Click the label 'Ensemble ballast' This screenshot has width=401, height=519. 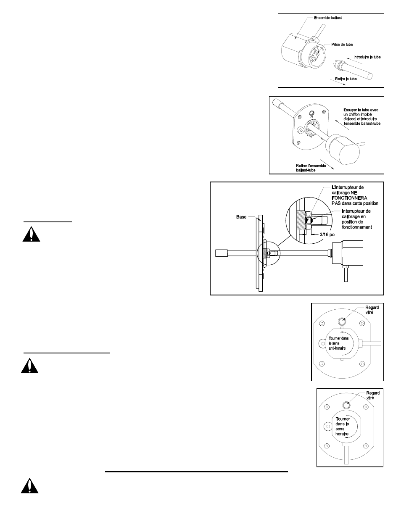tap(328, 18)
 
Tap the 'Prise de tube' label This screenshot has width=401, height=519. tap(342, 45)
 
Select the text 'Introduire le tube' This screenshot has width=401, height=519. tap(367, 57)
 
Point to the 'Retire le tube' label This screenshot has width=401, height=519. tap(346, 79)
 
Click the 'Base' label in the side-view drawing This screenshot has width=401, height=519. tap(241, 217)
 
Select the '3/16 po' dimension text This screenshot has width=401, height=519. tap(327, 234)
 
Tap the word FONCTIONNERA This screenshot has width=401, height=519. tap(349, 198)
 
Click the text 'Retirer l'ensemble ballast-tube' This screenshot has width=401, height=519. tap(311, 168)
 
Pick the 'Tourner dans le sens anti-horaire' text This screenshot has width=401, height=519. tap(339, 343)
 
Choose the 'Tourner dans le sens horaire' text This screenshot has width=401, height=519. tap(343, 426)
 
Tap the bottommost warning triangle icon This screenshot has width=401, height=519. tap(29, 485)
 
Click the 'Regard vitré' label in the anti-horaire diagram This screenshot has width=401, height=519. tap(372, 310)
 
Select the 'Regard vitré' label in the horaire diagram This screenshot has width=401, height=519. tap(373, 395)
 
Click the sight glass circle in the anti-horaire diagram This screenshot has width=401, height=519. tap(342, 321)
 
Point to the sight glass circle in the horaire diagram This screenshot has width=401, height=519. tap(346, 405)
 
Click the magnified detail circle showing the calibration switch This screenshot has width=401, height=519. tap(309, 221)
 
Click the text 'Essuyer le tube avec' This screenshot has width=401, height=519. tap(361, 110)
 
